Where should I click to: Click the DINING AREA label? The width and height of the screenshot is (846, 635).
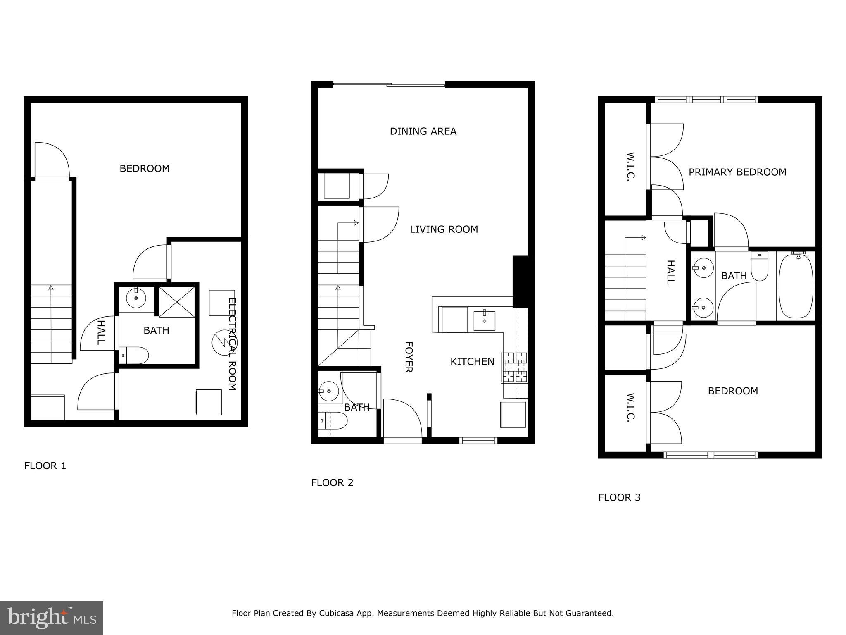pos(423,131)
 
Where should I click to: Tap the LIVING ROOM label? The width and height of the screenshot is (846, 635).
pos(444,229)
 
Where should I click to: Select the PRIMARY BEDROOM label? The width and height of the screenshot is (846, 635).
pos(737,172)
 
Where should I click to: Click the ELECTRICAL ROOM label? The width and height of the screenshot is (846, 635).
pos(233,344)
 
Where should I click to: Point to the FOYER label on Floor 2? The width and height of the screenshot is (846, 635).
pos(409,357)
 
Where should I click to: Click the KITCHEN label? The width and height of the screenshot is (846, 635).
pos(472,362)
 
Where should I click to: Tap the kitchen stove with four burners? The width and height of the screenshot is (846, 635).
pos(515,366)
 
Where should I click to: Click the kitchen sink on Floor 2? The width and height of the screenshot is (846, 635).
pos(484,321)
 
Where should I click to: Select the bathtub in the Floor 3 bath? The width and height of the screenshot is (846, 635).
pos(796,286)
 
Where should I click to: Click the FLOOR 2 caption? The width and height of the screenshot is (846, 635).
pos(332,483)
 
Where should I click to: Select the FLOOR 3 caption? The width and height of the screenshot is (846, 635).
pos(619,498)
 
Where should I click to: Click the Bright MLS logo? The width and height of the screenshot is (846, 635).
pos(52,618)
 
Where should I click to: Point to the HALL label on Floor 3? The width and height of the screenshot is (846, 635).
pos(671,272)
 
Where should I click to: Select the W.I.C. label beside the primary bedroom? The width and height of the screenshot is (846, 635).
pos(630,166)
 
